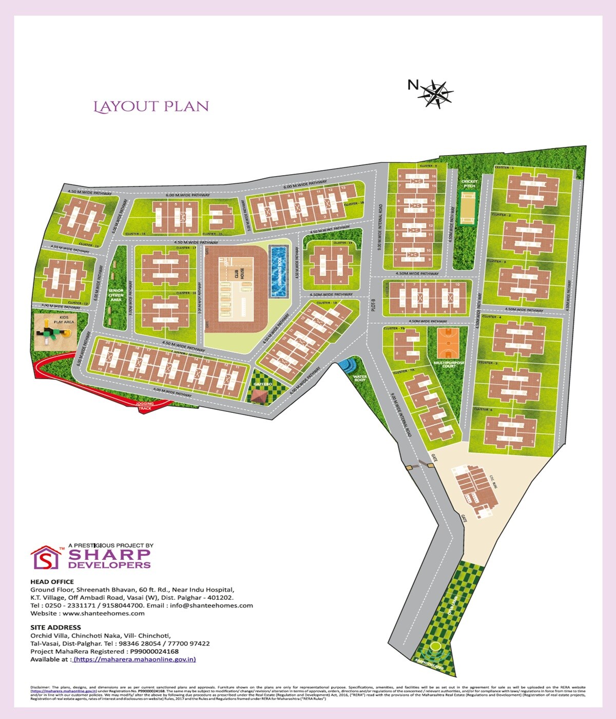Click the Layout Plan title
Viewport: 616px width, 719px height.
coord(151,106)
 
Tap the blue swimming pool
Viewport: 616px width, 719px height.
coord(279,271)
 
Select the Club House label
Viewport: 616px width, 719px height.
coord(240,273)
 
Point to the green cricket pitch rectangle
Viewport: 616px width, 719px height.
coord(468,207)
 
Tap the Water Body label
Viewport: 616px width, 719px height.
coord(360,378)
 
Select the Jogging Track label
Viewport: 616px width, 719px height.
coord(145,406)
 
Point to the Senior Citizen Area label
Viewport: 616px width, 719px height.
coord(116,295)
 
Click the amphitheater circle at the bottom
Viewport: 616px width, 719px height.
coord(436,646)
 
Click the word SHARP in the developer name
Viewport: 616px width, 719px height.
coord(109,555)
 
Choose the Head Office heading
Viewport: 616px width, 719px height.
coord(52,582)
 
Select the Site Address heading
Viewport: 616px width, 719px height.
coord(55,627)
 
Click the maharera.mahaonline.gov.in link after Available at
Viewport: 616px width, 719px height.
coord(135,659)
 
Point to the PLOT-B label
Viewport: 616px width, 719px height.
coord(374,305)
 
